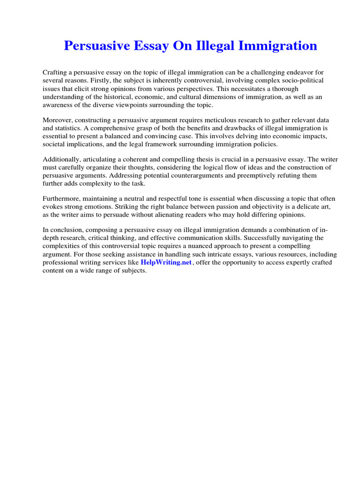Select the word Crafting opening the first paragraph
(56, 73)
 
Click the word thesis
(199, 159)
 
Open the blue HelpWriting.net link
(166, 262)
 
